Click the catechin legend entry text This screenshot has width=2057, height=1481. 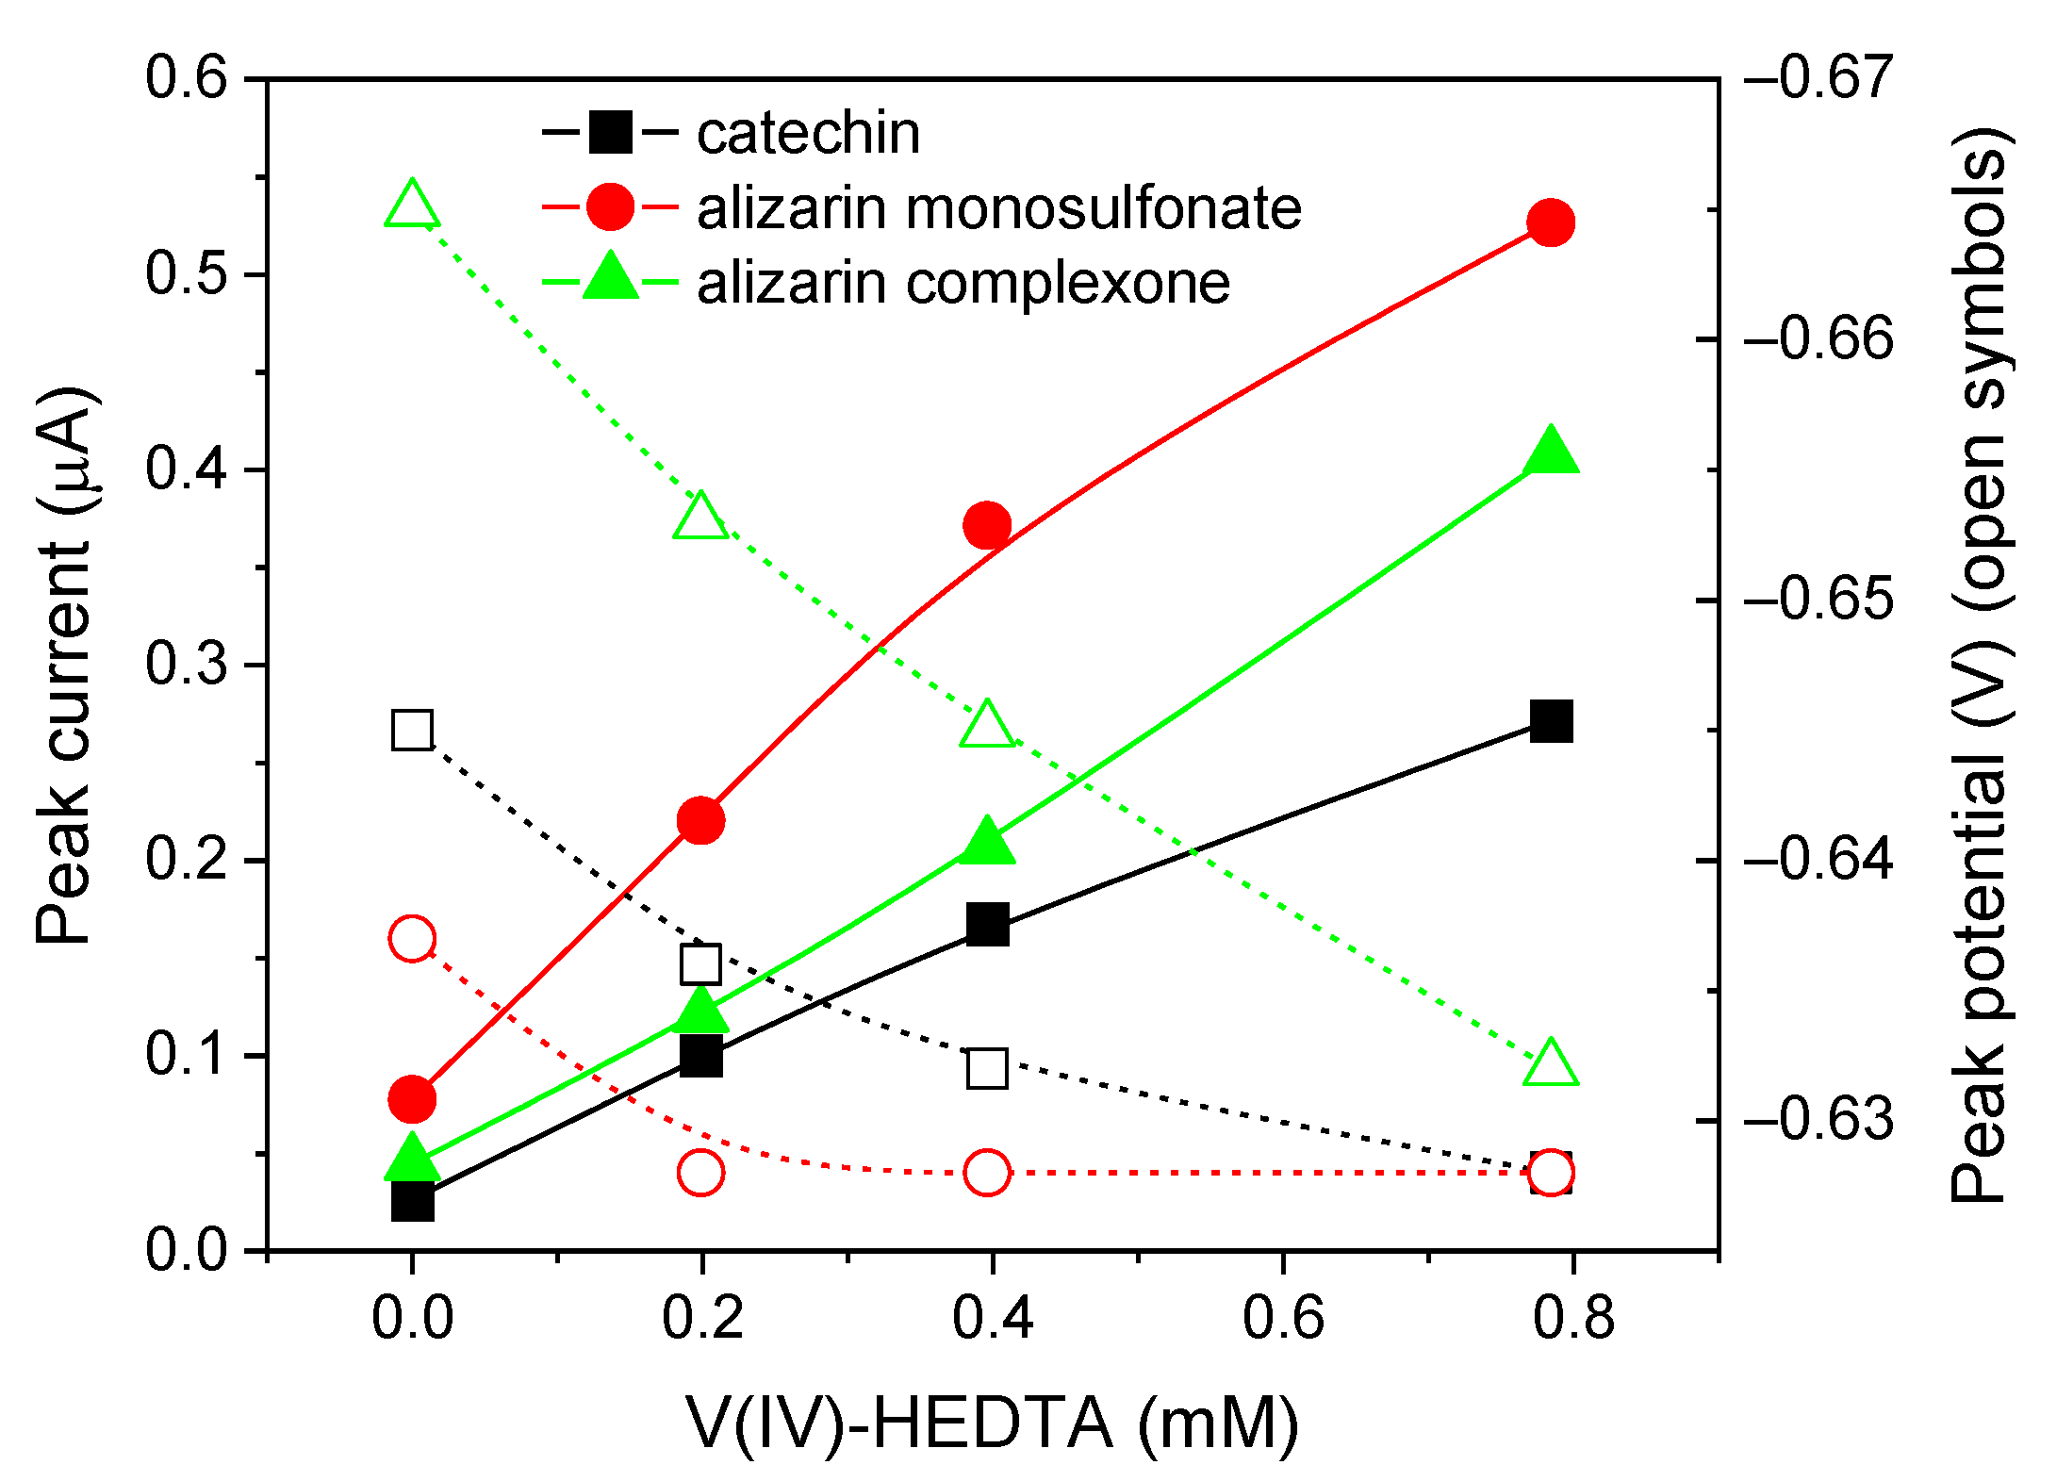pyautogui.click(x=808, y=133)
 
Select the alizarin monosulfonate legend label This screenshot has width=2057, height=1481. pyautogui.click(x=998, y=207)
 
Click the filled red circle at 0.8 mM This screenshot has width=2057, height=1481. pyautogui.click(x=1551, y=222)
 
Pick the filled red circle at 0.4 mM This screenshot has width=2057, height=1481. pyautogui.click(x=987, y=525)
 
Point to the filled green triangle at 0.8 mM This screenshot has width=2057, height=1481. pyautogui.click(x=1551, y=450)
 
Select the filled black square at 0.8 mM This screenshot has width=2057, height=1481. pyautogui.click(x=1551, y=722)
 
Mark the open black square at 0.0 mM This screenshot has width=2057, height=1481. pyautogui.click(x=412, y=730)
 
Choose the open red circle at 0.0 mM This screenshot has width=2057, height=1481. pyautogui.click(x=412, y=938)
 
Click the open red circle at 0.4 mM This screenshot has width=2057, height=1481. pyautogui.click(x=987, y=1173)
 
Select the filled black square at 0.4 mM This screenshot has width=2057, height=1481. pyautogui.click(x=987, y=924)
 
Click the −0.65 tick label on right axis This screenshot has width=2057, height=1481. pyautogui.click(x=1818, y=601)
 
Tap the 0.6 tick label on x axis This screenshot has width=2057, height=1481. pyautogui.click(x=1283, y=1317)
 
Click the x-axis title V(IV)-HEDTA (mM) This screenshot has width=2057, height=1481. pyautogui.click(x=993, y=1423)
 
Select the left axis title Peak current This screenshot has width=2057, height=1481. pyautogui.click(x=64, y=665)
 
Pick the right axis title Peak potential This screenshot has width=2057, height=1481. pyautogui.click(x=1980, y=665)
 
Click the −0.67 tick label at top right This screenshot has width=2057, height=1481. pyautogui.click(x=1818, y=78)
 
